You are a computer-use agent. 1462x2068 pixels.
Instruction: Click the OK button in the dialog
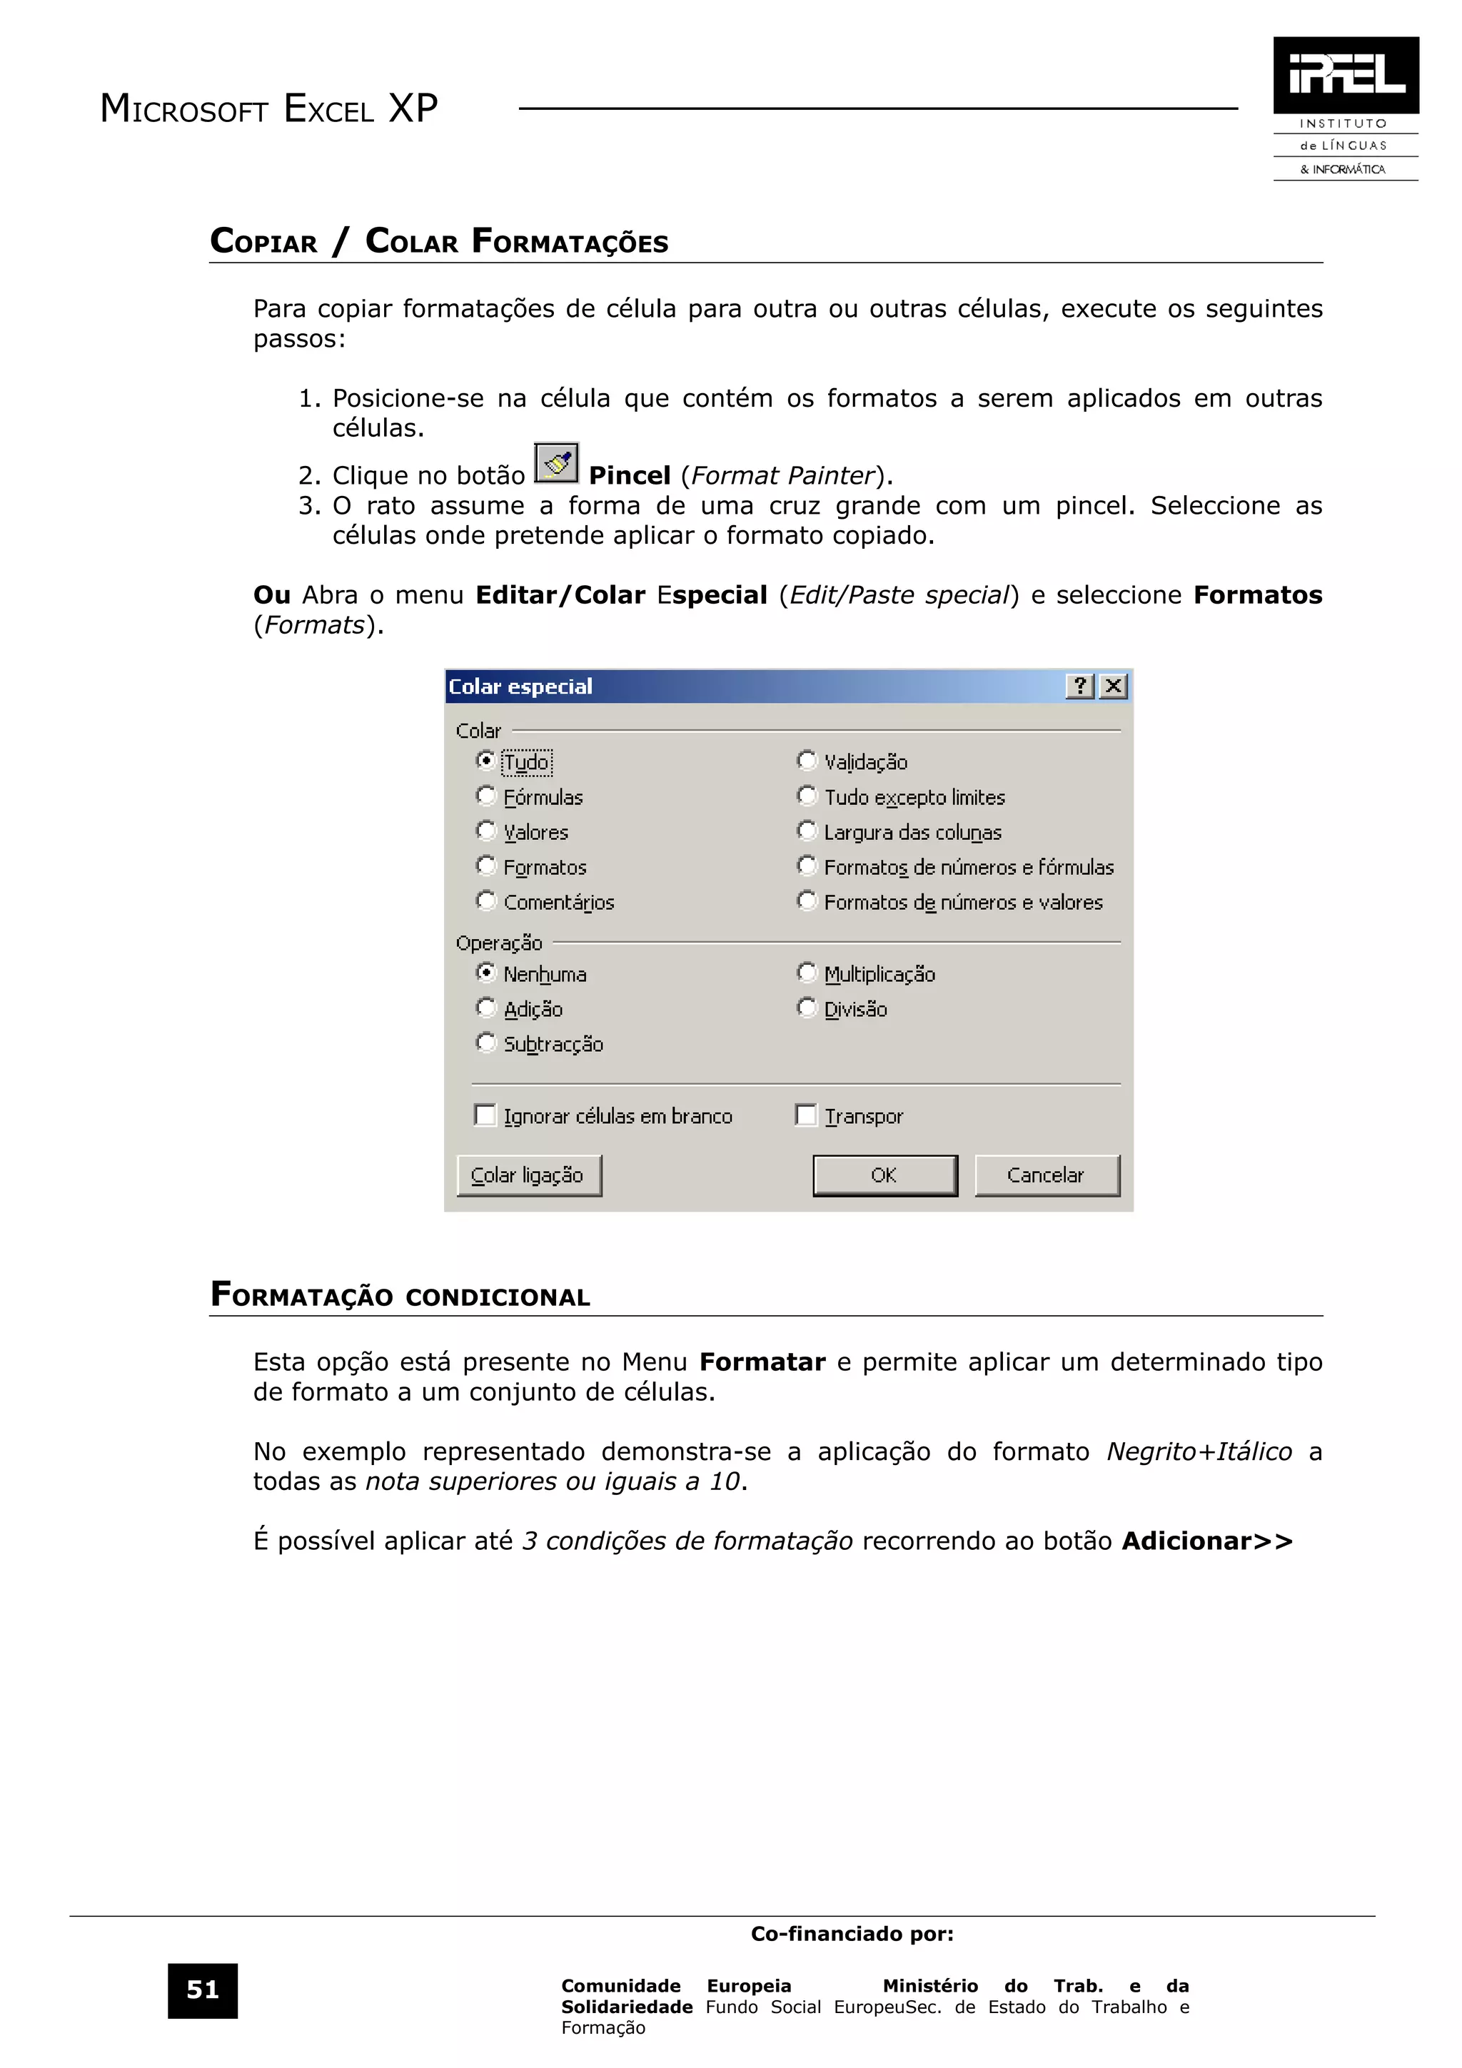tap(884, 1175)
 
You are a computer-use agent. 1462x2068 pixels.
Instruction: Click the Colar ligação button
tap(529, 1175)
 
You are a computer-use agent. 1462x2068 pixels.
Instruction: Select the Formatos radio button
tap(486, 866)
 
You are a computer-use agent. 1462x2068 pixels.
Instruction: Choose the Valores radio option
tap(486, 831)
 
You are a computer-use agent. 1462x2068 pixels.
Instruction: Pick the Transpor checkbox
tap(806, 1116)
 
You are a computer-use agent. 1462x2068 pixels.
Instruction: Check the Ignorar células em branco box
tap(485, 1116)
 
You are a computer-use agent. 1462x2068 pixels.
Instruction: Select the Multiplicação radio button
tap(807, 973)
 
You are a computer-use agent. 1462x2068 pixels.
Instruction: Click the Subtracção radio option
tap(486, 1044)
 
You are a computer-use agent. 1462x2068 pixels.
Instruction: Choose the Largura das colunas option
tap(807, 831)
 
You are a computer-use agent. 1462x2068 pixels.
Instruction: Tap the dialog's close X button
tap(1114, 687)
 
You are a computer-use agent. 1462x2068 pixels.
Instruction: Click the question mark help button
tap(1080, 687)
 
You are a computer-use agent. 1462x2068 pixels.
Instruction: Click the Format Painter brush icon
tap(556, 464)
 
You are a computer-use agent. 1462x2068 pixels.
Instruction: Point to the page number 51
tap(203, 1990)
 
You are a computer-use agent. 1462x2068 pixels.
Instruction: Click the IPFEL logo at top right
tap(1346, 76)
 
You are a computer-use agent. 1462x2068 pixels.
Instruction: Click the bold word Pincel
tap(629, 475)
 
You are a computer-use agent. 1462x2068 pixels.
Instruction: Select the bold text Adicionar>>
tap(1207, 1541)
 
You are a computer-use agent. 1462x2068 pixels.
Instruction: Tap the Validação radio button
tap(807, 761)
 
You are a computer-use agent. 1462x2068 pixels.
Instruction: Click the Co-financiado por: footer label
tap(852, 1934)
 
